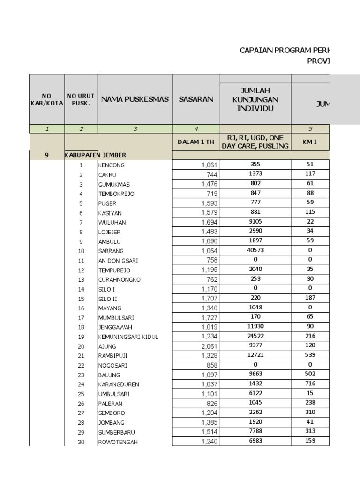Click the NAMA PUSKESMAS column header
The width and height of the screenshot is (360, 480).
coord(135,99)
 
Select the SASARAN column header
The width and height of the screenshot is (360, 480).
coord(196,99)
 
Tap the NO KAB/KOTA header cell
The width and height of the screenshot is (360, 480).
coord(46,99)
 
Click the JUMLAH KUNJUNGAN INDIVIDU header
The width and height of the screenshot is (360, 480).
coord(255,99)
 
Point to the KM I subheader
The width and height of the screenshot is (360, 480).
coord(310,142)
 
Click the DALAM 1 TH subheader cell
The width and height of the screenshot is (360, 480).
coord(196,142)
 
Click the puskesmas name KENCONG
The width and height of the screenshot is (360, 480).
coord(112,165)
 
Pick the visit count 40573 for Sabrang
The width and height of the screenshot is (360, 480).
coord(255,250)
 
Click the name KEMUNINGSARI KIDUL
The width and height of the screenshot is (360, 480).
coord(128,337)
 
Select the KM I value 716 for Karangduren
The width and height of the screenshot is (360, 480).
coord(310,384)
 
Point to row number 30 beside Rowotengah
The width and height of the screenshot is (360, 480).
coord(81,442)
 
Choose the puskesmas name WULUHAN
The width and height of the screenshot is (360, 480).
coord(112,223)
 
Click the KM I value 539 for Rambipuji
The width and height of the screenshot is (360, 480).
coord(310,355)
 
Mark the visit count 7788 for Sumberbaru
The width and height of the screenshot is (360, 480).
coord(255,432)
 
